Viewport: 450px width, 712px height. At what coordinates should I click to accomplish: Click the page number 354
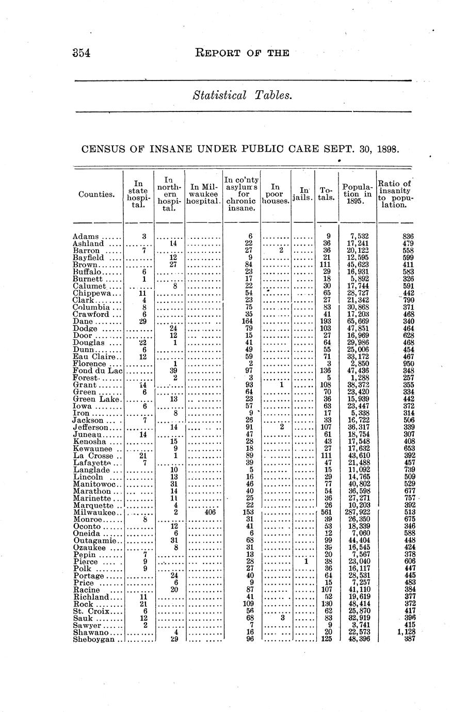pyautogui.click(x=82, y=53)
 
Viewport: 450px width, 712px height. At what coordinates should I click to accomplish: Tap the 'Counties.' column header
pyautogui.click(x=97, y=195)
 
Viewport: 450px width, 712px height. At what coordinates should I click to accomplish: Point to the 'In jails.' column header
pyautogui.click(x=303, y=194)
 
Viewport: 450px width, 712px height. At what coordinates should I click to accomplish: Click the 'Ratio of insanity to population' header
pyautogui.click(x=395, y=194)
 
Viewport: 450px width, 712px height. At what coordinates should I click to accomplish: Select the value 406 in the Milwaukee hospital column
pyautogui.click(x=210, y=512)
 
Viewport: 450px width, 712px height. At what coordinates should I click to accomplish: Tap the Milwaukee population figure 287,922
pyautogui.click(x=358, y=512)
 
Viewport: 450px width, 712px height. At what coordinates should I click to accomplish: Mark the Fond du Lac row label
pyautogui.click(x=98, y=370)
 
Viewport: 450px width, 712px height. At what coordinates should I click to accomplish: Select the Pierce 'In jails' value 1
pyautogui.click(x=306, y=561)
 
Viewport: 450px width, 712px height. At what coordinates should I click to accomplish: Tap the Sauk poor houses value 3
pyautogui.click(x=282, y=618)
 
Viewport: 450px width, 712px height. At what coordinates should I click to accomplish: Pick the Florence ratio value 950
pyautogui.click(x=408, y=363)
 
